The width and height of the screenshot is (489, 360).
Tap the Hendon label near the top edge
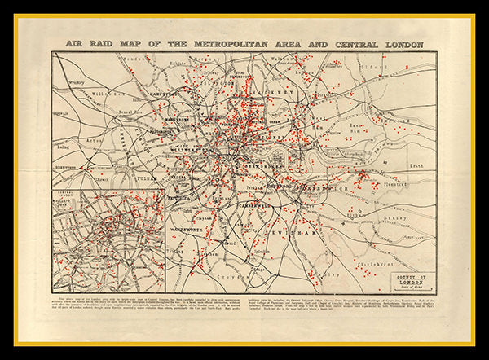[x=139, y=59]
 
